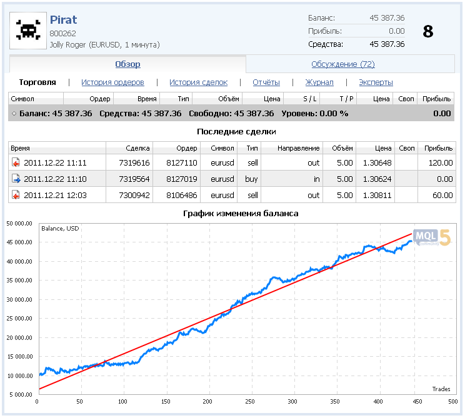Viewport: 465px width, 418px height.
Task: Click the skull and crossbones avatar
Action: click(27, 31)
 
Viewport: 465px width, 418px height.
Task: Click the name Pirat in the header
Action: click(63, 19)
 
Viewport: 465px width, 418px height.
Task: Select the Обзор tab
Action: click(127, 64)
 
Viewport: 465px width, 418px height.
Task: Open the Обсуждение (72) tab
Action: click(342, 64)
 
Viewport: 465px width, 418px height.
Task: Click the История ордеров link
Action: click(112, 82)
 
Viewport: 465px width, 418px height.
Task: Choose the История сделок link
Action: click(198, 82)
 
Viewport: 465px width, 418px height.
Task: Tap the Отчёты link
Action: click(266, 82)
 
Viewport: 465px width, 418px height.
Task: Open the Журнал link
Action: click(319, 82)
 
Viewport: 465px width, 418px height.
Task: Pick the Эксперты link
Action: click(376, 82)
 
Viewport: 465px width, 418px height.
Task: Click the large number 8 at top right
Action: click(427, 32)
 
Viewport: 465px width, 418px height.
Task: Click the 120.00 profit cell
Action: click(439, 162)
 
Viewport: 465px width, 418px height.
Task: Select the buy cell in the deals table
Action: click(252, 179)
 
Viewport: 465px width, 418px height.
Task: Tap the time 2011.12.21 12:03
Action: click(55, 195)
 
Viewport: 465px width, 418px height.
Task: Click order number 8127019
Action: click(181, 179)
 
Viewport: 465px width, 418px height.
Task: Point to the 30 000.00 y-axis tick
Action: click(19, 299)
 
